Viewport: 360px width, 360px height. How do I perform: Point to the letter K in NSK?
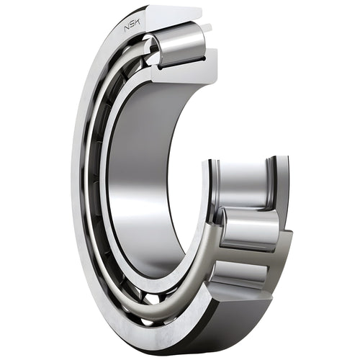click(139, 22)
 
